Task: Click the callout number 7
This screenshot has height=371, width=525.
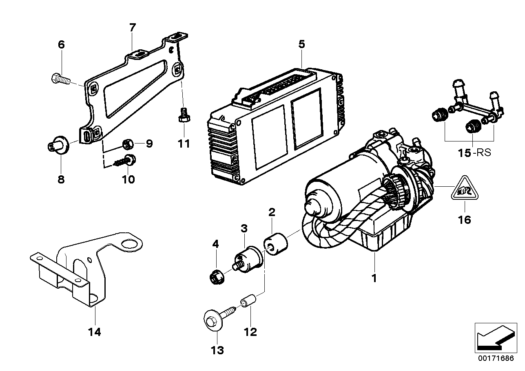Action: click(132, 28)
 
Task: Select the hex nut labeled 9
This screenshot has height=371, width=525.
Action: click(127, 143)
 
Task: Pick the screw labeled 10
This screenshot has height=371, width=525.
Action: click(125, 160)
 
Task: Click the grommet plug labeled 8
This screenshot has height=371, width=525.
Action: click(57, 145)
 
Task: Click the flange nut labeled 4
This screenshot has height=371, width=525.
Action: click(214, 279)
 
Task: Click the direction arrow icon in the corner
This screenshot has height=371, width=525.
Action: click(494, 337)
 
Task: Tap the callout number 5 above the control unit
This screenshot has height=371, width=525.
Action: click(301, 44)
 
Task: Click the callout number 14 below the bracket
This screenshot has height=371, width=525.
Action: click(94, 332)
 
